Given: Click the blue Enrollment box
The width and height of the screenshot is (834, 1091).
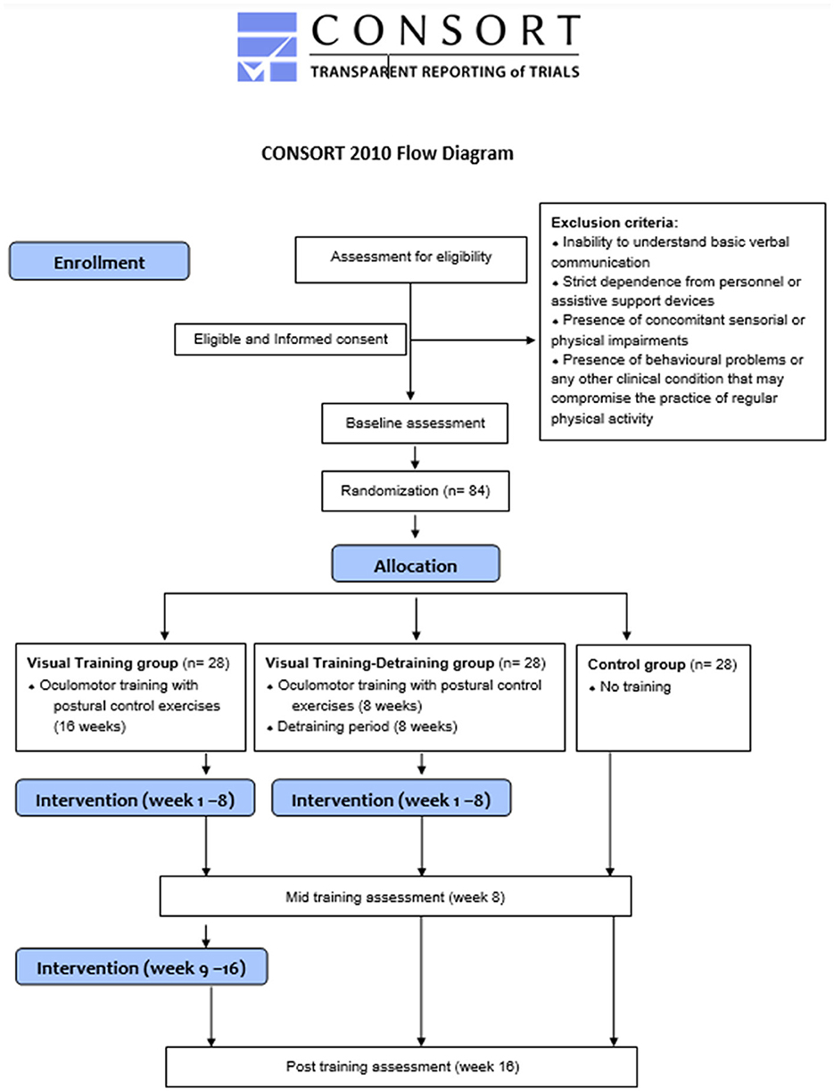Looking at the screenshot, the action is click(x=100, y=261).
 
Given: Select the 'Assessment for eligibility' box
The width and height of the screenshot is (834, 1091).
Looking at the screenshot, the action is click(x=411, y=259).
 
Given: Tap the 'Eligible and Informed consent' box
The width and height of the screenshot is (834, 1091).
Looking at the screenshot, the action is click(x=291, y=340).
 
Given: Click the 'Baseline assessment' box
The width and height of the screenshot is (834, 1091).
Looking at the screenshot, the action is click(x=415, y=423).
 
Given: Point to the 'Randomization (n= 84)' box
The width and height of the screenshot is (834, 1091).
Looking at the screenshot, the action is click(x=416, y=491).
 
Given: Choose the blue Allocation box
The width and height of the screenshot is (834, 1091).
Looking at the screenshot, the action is click(x=416, y=563).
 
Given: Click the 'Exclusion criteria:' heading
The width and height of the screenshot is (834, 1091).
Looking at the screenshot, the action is click(x=615, y=222).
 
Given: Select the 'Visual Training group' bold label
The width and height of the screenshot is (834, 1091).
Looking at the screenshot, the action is click(x=102, y=663).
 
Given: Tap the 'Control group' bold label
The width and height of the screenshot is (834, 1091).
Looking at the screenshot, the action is click(x=636, y=665).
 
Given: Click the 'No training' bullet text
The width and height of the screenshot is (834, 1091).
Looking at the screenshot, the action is click(x=635, y=686).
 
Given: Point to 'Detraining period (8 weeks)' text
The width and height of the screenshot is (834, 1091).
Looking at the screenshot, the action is click(x=367, y=726).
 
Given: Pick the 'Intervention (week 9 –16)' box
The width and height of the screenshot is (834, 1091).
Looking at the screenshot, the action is click(x=141, y=967).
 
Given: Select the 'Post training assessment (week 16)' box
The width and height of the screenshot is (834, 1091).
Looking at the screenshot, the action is click(x=401, y=1067).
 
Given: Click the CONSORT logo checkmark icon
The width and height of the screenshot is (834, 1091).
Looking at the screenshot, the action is click(x=267, y=47).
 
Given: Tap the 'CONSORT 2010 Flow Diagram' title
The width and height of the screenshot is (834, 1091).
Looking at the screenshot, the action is click(x=387, y=153).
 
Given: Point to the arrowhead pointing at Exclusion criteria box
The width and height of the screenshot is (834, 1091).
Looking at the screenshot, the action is click(x=531, y=340).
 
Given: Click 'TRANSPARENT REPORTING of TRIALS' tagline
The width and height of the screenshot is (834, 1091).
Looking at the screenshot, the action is click(x=445, y=71).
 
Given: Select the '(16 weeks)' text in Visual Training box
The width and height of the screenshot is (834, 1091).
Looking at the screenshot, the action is click(x=89, y=726).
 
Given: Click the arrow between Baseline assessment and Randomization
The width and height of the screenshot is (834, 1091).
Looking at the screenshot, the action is click(x=415, y=457).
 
